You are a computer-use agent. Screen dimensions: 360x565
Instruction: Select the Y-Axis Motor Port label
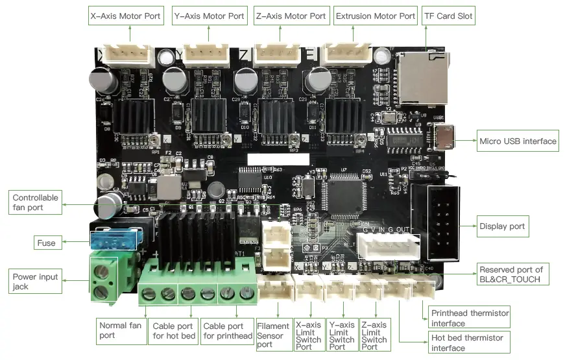(210, 16)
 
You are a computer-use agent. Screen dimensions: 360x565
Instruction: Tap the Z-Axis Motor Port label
(290, 16)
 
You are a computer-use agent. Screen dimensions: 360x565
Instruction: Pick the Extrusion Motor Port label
(375, 16)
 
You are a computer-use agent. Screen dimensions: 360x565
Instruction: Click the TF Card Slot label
(448, 16)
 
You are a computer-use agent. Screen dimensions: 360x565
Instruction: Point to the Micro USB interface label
(518, 141)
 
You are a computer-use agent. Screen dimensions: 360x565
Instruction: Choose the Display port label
(502, 227)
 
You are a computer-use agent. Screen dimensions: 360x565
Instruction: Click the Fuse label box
(46, 243)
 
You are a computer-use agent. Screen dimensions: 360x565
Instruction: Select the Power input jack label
(36, 282)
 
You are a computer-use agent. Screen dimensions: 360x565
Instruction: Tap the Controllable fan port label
(36, 202)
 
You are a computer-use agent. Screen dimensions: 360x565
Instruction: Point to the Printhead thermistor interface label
(470, 318)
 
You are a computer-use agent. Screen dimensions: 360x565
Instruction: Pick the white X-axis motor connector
(128, 56)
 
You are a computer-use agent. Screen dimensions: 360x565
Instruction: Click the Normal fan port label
(121, 330)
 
